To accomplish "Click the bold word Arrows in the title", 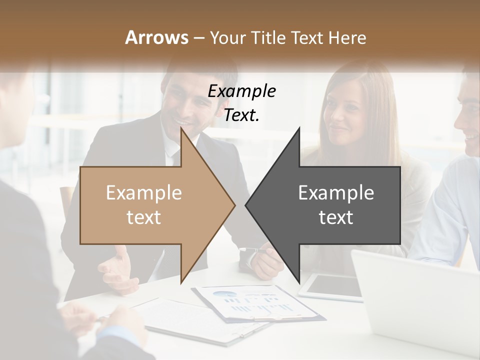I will click(x=156, y=37).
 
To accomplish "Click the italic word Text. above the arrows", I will click(x=241, y=115).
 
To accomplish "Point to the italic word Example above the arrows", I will click(x=241, y=91).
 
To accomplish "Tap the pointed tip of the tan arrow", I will click(x=233, y=205).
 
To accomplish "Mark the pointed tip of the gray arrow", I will click(x=247, y=205).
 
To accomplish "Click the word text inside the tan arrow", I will click(x=143, y=217).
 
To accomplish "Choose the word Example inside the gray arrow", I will click(x=336, y=193).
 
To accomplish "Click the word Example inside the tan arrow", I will click(x=143, y=193).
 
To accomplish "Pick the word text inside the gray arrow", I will click(x=336, y=217).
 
